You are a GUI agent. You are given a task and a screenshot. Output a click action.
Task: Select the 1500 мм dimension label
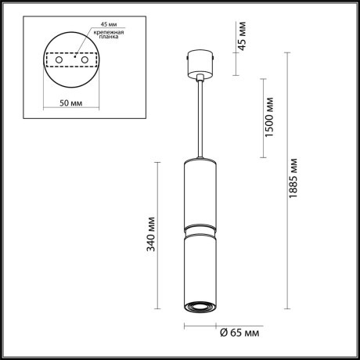(268, 117)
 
